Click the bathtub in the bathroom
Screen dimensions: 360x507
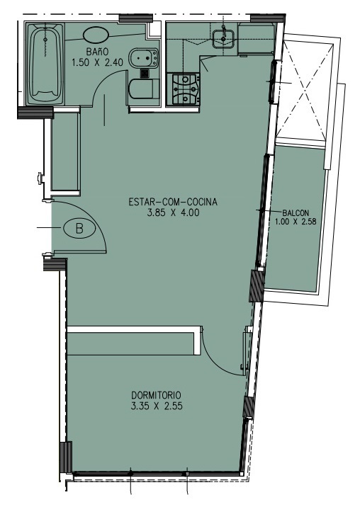point(45,64)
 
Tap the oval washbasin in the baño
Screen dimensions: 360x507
point(96,34)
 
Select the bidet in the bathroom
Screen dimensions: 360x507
point(143,58)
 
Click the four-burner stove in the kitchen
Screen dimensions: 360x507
point(184,89)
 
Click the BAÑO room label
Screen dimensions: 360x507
point(97,52)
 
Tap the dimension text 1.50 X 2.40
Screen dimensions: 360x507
point(97,62)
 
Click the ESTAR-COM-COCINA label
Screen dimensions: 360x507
point(173,202)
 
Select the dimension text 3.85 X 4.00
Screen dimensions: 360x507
point(173,212)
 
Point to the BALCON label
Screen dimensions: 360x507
point(296,213)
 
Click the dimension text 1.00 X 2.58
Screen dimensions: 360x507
point(296,222)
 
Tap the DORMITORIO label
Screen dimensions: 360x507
point(156,395)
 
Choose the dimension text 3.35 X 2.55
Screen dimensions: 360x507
point(157,406)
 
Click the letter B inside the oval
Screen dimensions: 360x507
point(79,229)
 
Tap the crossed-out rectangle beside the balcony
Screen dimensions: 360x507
point(304,89)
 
